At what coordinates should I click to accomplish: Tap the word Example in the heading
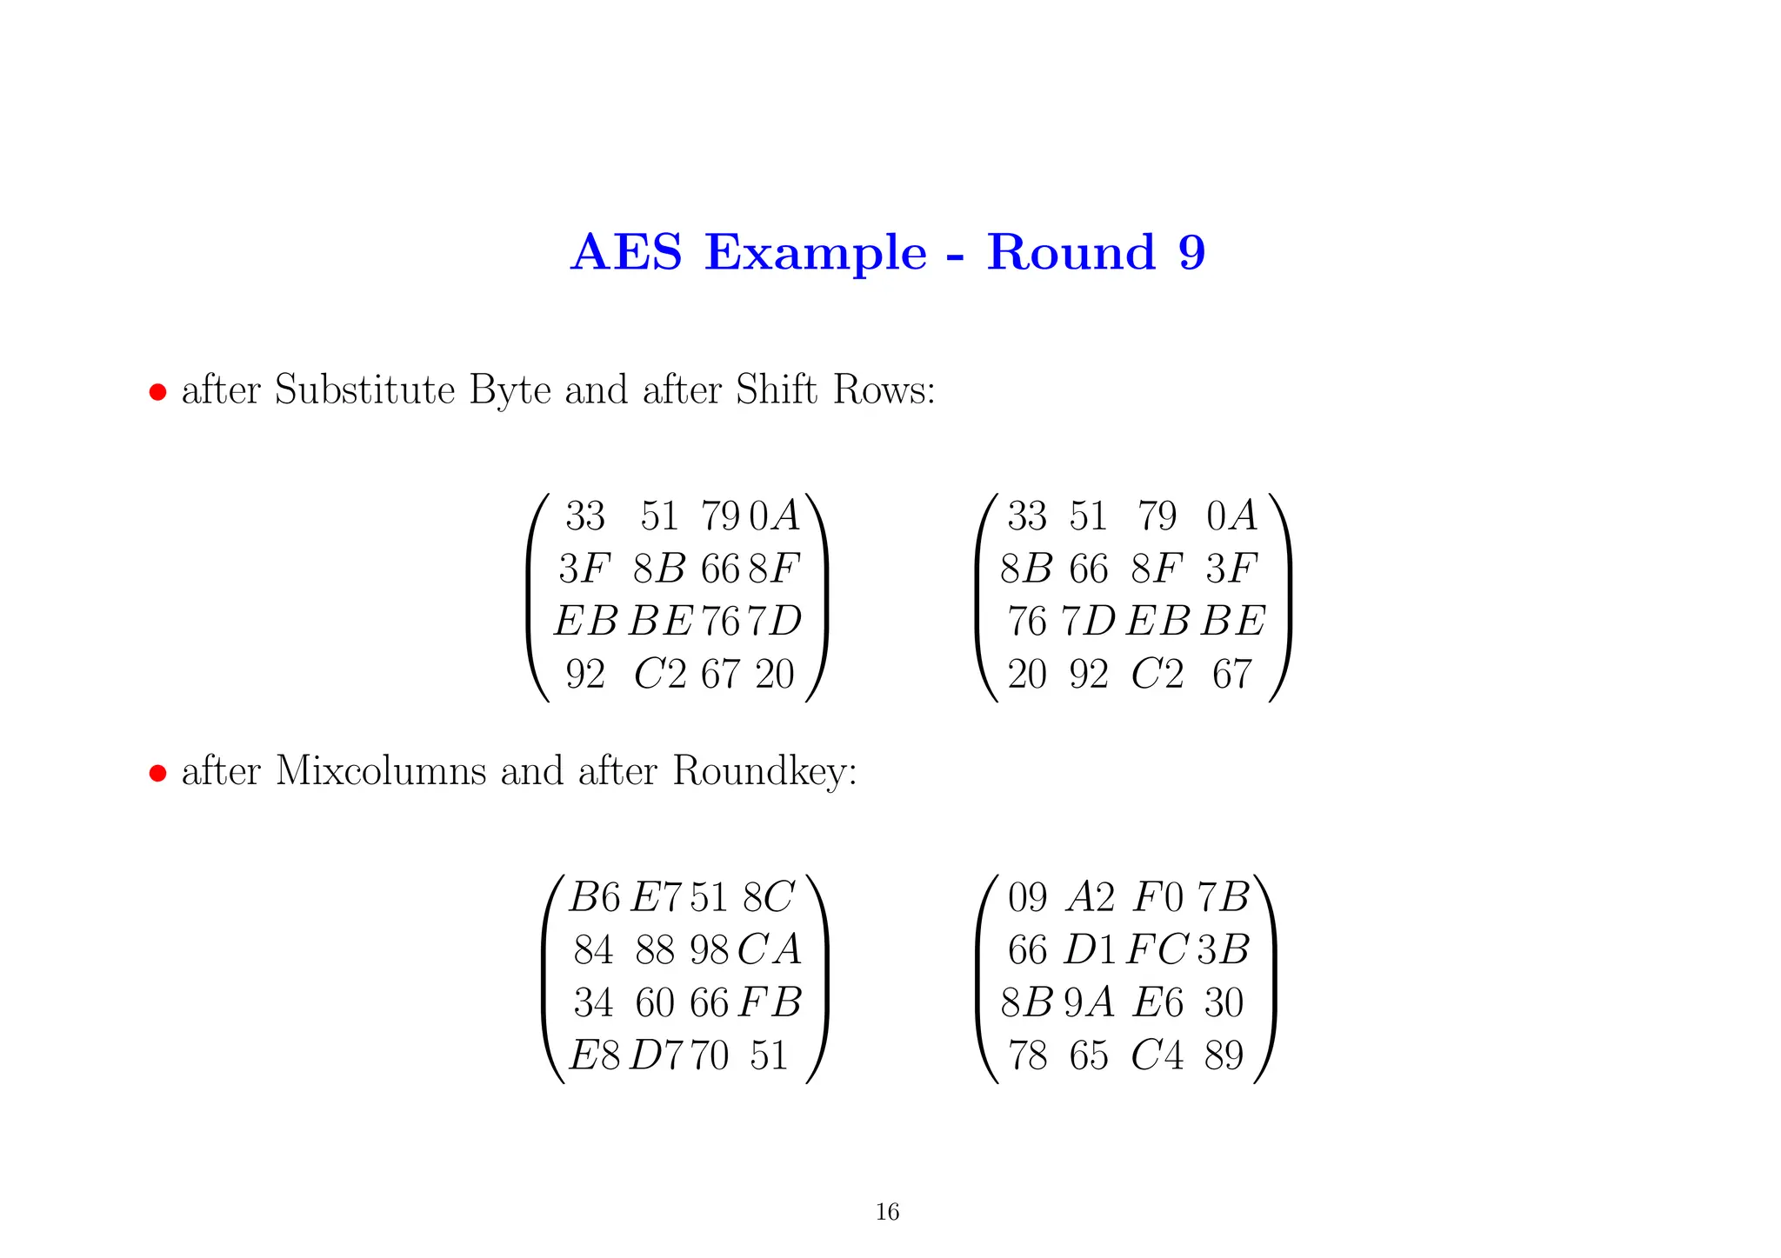point(816,253)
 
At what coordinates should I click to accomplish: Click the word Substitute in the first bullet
point(364,389)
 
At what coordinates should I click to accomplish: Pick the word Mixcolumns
point(381,771)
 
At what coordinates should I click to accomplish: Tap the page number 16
point(887,1212)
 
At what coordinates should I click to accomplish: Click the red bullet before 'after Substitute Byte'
point(157,392)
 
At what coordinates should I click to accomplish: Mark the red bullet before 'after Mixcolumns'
point(157,773)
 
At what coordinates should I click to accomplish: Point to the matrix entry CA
point(770,950)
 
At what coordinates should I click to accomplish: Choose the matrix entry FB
point(770,1002)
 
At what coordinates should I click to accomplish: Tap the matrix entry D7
point(657,1055)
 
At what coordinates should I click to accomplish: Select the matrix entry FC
point(1157,950)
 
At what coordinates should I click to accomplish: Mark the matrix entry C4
point(1157,1055)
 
